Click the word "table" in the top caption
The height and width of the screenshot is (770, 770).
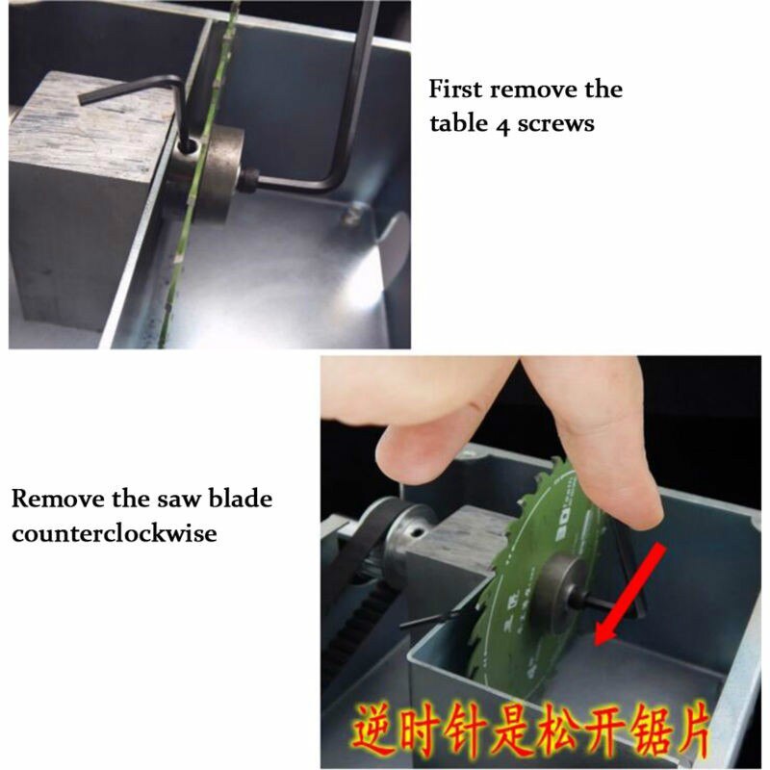coord(458,124)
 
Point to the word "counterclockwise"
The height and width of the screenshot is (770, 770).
coord(114,532)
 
